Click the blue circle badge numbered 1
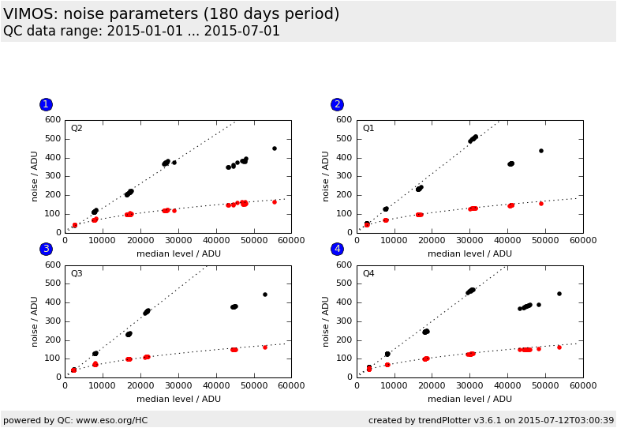pos(46,104)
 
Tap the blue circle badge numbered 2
pos(337,104)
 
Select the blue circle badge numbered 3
pos(46,249)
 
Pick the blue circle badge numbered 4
pos(337,249)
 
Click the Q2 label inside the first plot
pos(77,129)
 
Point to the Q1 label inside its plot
pos(368,129)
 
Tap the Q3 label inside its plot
pos(77,274)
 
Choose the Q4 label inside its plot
pos(368,274)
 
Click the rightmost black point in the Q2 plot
pos(275,148)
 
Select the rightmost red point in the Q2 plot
pos(275,202)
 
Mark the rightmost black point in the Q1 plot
pos(541,151)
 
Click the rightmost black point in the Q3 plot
pos(265,295)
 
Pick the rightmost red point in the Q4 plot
pos(559,347)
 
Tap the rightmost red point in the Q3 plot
pos(265,347)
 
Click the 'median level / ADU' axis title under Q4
pos(469,399)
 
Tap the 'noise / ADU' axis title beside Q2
pos(35,176)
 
